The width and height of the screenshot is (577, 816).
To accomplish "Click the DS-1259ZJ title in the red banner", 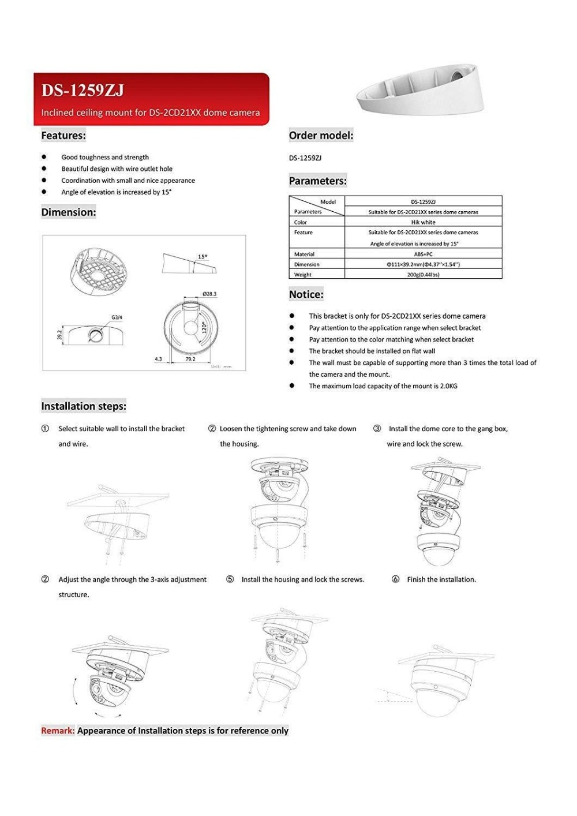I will [x=82, y=91].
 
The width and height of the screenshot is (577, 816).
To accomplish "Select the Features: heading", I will [x=63, y=136].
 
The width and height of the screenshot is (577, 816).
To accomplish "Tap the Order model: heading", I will [x=321, y=136].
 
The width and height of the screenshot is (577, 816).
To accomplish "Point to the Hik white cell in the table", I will [x=423, y=222].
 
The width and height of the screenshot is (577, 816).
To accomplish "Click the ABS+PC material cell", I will [x=423, y=254].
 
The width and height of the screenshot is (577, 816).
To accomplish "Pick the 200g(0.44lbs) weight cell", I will [x=423, y=275].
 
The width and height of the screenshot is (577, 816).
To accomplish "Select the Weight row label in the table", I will [x=303, y=275].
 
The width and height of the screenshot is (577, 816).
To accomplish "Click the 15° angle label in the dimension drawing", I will [x=203, y=257].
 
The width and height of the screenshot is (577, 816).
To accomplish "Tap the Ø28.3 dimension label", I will [x=209, y=294].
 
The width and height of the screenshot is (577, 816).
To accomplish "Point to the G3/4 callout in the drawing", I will [x=117, y=317].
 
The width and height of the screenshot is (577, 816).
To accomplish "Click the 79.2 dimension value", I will [x=190, y=359].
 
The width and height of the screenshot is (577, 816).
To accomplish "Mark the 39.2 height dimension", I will [x=59, y=335].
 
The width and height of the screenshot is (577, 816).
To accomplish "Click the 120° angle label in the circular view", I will [x=204, y=328].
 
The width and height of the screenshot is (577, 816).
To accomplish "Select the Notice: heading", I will [x=306, y=294].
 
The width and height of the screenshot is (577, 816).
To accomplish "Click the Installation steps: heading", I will [x=84, y=406].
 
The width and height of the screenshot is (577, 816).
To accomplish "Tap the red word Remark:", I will [x=58, y=731].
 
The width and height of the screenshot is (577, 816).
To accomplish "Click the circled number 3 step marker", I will [x=377, y=429].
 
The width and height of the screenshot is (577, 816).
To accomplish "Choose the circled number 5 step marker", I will [x=230, y=579].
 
